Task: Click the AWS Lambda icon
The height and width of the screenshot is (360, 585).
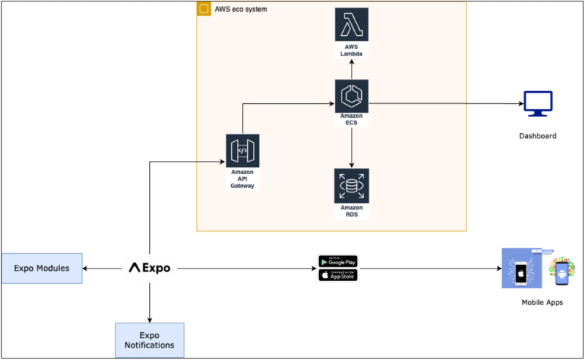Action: (x=352, y=26)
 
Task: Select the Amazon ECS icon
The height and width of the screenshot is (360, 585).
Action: (x=352, y=97)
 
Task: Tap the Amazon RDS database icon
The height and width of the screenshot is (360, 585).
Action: (x=352, y=186)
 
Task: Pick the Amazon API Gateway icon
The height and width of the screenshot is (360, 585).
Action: (x=243, y=151)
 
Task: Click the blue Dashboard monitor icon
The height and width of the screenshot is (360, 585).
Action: (x=537, y=105)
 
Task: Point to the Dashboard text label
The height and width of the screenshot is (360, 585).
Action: (x=537, y=136)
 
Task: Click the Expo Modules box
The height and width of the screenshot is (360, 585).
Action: (x=42, y=268)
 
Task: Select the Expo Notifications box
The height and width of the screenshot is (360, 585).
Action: (x=149, y=340)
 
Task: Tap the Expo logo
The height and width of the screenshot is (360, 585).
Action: (x=149, y=268)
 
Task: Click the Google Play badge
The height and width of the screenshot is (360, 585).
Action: (x=338, y=261)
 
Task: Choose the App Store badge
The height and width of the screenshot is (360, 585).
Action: (x=338, y=275)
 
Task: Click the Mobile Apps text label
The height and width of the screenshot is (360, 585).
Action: (x=542, y=302)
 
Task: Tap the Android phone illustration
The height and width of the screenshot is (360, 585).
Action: (x=561, y=271)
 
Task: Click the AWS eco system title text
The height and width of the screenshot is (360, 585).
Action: (x=242, y=10)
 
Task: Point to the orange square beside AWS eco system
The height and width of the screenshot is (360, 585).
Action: (x=204, y=9)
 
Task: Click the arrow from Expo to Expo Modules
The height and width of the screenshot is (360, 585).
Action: (x=102, y=269)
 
